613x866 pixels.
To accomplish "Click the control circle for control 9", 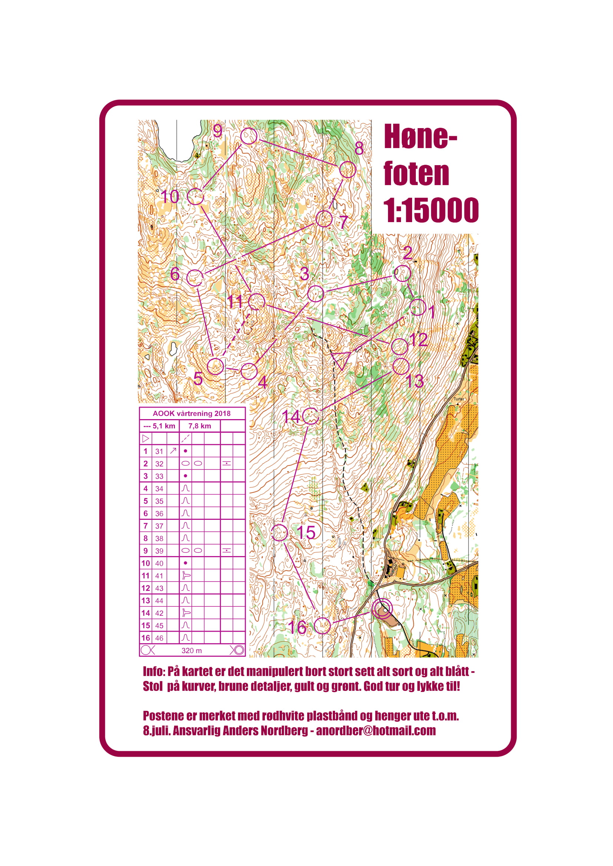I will (x=249, y=136).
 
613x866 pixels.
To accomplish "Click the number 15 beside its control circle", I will (x=306, y=532).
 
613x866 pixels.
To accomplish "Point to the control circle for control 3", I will (x=315, y=294).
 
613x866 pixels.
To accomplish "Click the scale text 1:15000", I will (x=431, y=210).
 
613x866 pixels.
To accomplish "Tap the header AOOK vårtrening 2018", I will (x=191, y=414).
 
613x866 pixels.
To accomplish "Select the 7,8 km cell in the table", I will (x=199, y=426).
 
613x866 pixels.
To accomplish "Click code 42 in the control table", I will (x=159, y=613).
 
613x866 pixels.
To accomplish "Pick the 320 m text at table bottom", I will (x=191, y=651).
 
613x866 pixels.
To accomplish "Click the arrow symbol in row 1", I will (x=173, y=451).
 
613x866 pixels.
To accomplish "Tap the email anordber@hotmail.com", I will (x=375, y=731).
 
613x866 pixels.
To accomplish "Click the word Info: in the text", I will (x=154, y=671).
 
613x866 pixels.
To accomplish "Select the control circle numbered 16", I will (x=322, y=626).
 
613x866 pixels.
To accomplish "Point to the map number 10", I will (x=170, y=197).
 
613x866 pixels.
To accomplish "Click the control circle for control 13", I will (x=401, y=366).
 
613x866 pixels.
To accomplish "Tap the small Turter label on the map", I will (x=458, y=399).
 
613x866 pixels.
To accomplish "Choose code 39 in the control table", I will (x=159, y=551).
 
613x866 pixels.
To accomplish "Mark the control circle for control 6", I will (x=195, y=278).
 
